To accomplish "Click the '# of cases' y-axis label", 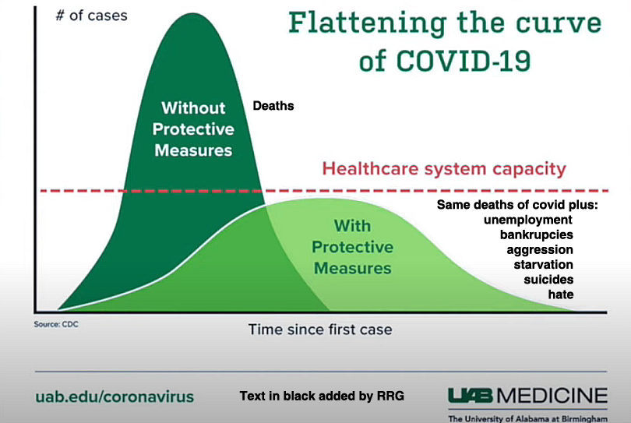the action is click(92, 16).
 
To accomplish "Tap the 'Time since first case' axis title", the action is click(320, 330).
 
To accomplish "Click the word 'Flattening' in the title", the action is click(368, 23).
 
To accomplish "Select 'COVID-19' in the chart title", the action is click(464, 62).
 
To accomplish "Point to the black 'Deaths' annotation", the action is click(273, 106).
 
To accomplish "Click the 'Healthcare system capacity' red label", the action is click(444, 168).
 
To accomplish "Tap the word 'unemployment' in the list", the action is click(528, 220).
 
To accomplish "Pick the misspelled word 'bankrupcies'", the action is click(537, 234).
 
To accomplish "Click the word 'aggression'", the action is click(540, 250).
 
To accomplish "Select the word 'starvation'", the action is click(543, 264).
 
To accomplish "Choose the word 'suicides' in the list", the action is click(548, 280).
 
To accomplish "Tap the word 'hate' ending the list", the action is click(561, 294).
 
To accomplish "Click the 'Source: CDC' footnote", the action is click(56, 324).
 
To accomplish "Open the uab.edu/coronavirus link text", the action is click(115, 397).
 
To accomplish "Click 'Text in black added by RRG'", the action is click(322, 396).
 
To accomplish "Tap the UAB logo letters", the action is click(470, 396).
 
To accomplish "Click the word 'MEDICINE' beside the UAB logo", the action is click(552, 396).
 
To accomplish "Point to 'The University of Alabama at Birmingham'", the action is click(527, 418).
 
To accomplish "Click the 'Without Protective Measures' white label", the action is click(193, 129).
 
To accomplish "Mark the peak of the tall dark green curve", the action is click(193, 13).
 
